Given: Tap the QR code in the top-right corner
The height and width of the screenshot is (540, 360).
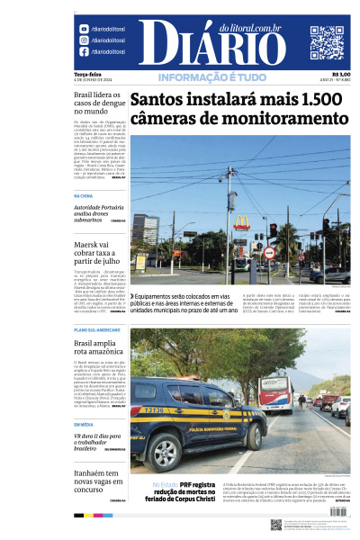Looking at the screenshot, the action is click(327, 43).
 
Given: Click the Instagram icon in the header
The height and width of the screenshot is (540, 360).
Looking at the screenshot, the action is click(83, 40).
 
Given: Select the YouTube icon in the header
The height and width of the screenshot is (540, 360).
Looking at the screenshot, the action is click(83, 29).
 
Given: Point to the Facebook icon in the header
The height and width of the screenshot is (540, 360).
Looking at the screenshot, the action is click(83, 52).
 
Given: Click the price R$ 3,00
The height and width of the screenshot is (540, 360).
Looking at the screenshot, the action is click(341, 75).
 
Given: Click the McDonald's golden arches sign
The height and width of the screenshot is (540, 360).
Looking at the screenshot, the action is click(240, 222).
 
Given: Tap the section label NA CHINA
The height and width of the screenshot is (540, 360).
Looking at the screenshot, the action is click(84, 195).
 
